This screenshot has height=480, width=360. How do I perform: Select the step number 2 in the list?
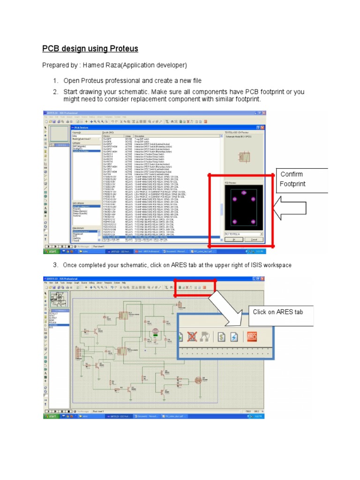55,91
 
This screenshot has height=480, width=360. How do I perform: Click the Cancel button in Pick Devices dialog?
254,239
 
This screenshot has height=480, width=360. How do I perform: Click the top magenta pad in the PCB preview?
243,193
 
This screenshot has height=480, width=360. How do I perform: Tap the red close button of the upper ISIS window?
263,113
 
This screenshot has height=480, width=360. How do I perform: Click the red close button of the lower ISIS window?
263,278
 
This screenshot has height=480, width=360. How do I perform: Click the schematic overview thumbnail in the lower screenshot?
59,298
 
